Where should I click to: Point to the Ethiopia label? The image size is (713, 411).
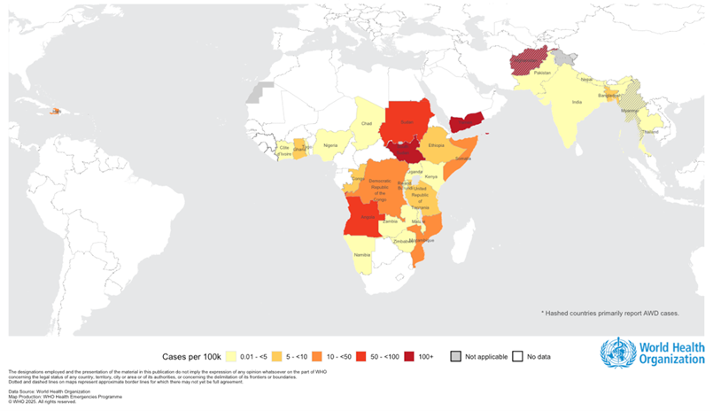click(x=436, y=144)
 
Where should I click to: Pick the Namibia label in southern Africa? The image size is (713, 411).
click(x=361, y=254)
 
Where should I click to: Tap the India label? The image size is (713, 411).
click(x=577, y=102)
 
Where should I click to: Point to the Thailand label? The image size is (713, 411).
click(x=650, y=130)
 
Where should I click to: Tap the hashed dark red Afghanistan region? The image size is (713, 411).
click(x=530, y=62)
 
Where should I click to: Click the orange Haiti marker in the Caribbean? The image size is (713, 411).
click(x=55, y=111)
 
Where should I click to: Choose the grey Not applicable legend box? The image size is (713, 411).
click(x=456, y=357)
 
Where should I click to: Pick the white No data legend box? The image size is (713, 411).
click(x=519, y=357)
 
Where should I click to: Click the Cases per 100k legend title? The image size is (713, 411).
click(x=190, y=357)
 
